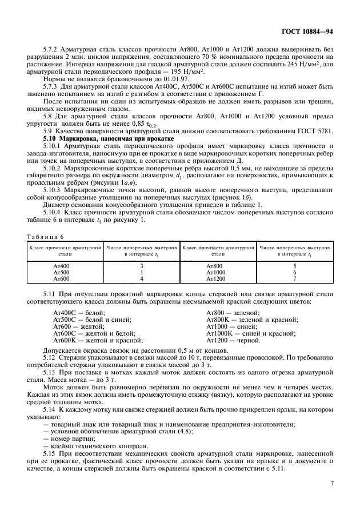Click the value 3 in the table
click(x=141, y=266)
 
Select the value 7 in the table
click(x=294, y=278)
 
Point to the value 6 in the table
click(x=294, y=272)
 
